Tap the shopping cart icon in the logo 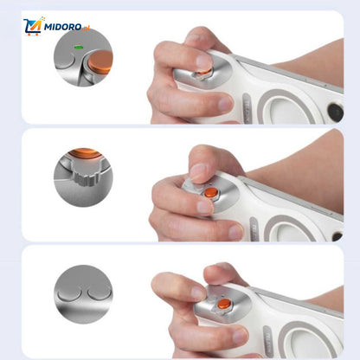pos(33,27)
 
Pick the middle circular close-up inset pos(83,177)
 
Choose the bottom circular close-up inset pos(83,294)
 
